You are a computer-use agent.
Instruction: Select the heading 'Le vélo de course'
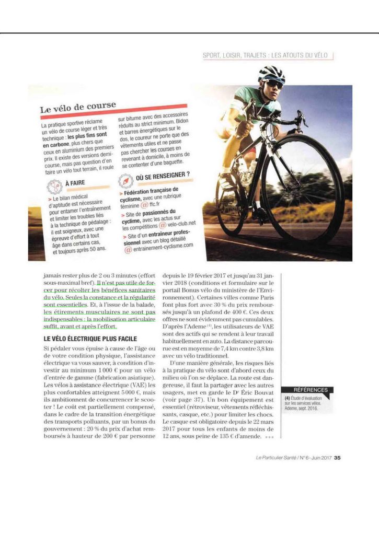(78, 108)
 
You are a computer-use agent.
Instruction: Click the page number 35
(337, 459)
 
